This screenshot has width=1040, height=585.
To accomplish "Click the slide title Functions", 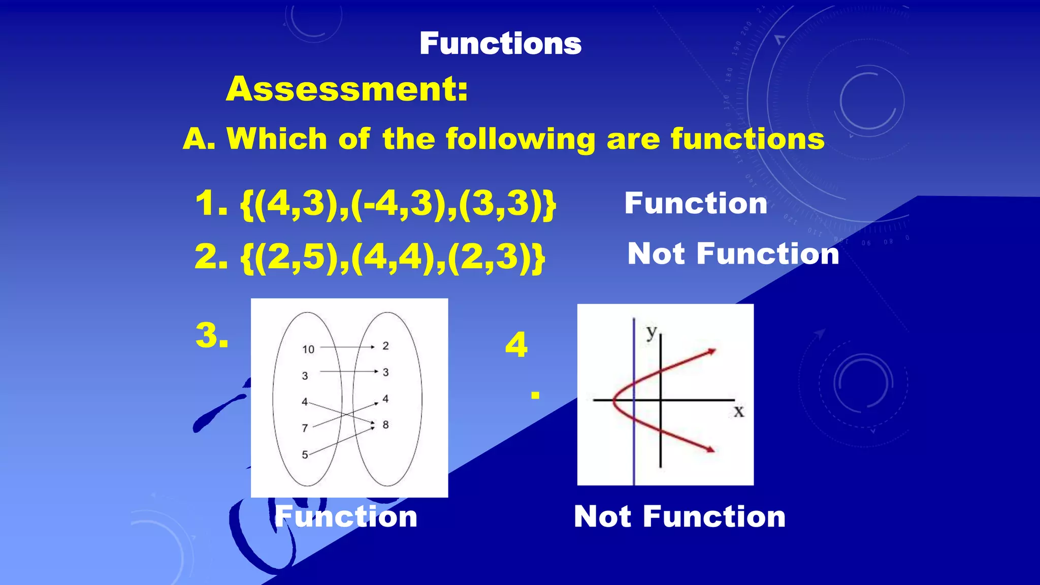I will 500,44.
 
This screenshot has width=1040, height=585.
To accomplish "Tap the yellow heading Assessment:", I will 347,89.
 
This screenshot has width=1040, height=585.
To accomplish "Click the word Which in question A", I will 277,139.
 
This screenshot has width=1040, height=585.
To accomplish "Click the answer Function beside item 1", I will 695,204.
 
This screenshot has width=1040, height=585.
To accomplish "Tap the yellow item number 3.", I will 211,336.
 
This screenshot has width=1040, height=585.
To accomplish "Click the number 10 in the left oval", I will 308,349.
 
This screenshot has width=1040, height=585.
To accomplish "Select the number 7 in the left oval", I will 305,428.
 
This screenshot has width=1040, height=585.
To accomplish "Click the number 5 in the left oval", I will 305,454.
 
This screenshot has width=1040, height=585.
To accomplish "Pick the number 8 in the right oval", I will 385,425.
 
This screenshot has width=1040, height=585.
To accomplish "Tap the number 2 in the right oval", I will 385,346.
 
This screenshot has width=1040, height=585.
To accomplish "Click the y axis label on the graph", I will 652,333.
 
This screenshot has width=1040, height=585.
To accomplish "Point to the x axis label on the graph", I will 739,411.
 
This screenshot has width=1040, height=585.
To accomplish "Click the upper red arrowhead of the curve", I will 711,351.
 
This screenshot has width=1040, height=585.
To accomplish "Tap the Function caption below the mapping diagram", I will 346,517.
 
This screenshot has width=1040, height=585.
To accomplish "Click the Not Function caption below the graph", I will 679,517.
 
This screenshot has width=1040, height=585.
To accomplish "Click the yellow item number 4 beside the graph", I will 516,345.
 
